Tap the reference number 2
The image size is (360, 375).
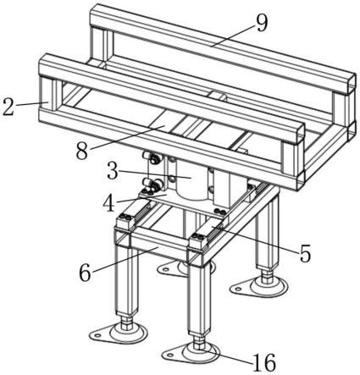[8, 107]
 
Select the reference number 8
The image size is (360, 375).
[82, 151]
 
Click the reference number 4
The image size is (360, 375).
[108, 203]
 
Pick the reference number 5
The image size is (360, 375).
[305, 253]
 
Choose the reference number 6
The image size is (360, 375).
[85, 273]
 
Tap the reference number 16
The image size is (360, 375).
[264, 362]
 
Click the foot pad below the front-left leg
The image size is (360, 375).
[119, 334]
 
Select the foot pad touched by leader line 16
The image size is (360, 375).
[192, 353]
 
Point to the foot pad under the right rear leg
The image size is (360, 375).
[259, 286]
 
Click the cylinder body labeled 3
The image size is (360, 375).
[191, 180]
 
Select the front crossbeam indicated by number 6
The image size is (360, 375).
[159, 245]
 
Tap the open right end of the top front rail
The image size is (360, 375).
[298, 134]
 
